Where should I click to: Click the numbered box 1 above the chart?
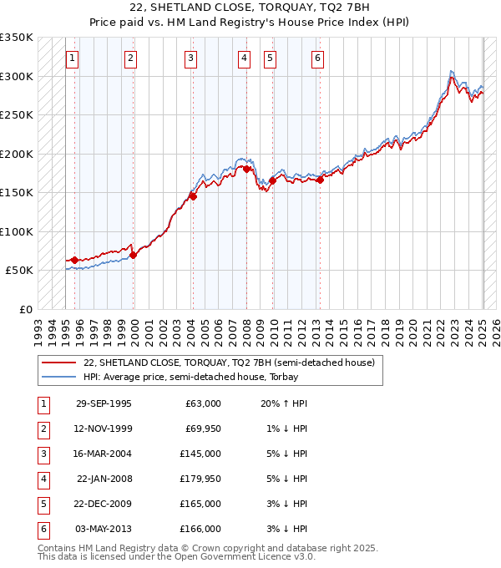(73, 58)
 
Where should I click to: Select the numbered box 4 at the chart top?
(243, 58)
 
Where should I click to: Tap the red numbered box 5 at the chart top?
(270, 58)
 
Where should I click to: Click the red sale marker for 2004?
(193, 197)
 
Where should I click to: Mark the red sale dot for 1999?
(133, 255)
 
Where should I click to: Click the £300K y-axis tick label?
(17, 76)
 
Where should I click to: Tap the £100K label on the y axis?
(17, 231)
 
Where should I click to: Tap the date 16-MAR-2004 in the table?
(104, 454)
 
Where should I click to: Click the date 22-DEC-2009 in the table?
(104, 504)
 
